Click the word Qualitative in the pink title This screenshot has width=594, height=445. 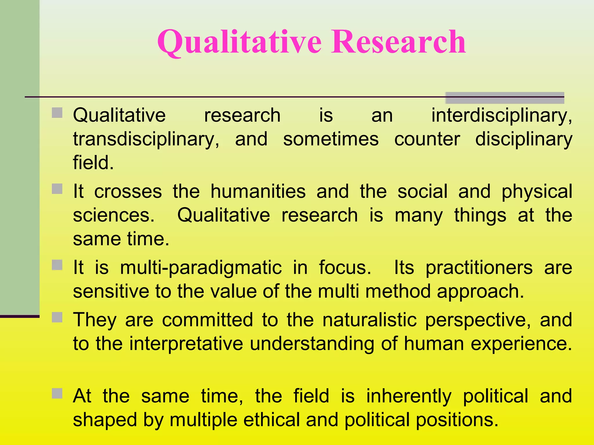239,43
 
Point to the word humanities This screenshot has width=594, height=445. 258,192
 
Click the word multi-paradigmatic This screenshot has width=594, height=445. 201,268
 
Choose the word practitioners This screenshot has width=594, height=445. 479,268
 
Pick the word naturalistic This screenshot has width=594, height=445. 370,320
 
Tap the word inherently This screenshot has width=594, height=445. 409,396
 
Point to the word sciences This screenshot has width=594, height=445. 114,216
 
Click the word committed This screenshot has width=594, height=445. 207,320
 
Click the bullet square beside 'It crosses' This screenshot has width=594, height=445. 57,189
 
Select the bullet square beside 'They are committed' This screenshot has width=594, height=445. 57,318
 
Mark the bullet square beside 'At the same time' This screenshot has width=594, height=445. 57,393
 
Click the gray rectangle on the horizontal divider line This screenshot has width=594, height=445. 505,98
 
